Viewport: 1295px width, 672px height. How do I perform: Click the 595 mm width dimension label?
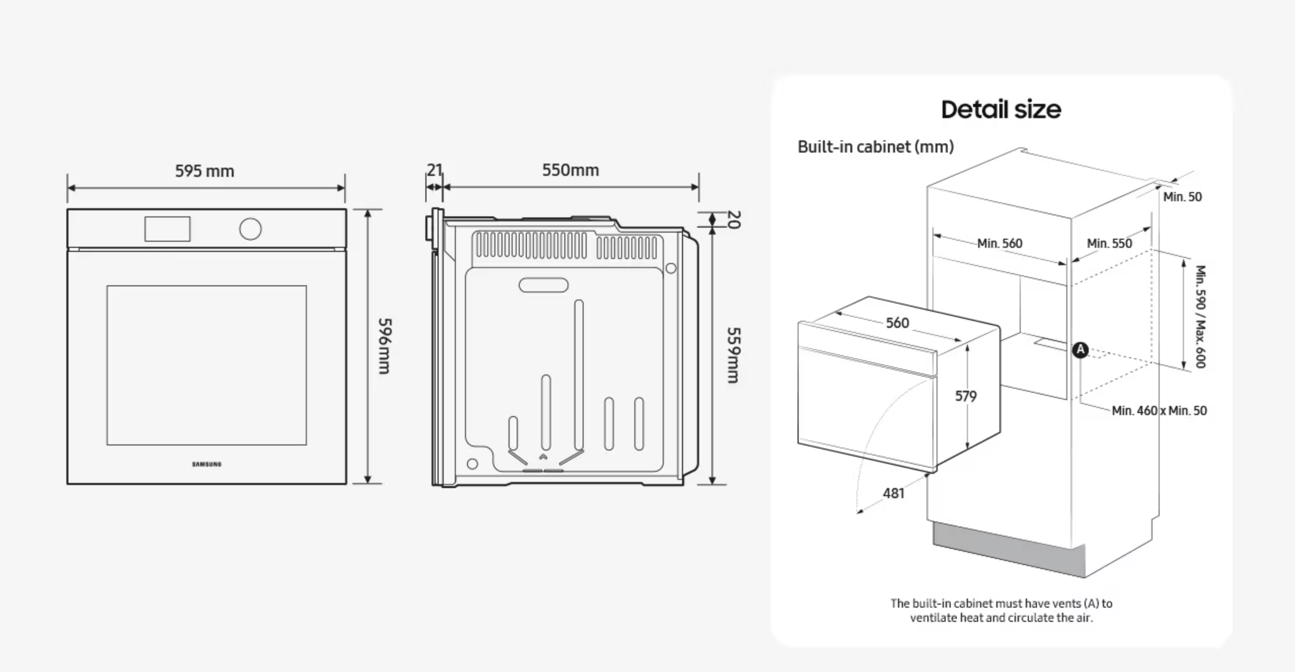pyautogui.click(x=204, y=171)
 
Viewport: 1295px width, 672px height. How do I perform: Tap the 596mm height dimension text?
pyautogui.click(x=385, y=346)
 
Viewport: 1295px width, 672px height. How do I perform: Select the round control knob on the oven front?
pyautogui.click(x=250, y=229)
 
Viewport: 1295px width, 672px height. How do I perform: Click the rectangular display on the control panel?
pyautogui.click(x=167, y=229)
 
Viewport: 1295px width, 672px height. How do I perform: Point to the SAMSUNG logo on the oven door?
pyautogui.click(x=206, y=464)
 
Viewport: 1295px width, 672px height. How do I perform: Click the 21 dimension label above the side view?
pyautogui.click(x=434, y=170)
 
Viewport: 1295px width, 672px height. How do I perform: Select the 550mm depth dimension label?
pyautogui.click(x=570, y=170)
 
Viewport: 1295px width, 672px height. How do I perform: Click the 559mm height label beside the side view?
pyautogui.click(x=734, y=355)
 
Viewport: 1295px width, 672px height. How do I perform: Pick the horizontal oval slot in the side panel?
pyautogui.click(x=544, y=285)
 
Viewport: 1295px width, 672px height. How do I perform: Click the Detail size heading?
pyautogui.click(x=1001, y=109)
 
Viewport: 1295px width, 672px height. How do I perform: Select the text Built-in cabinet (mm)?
pyautogui.click(x=876, y=147)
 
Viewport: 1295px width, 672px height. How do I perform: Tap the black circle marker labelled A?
pyautogui.click(x=1081, y=350)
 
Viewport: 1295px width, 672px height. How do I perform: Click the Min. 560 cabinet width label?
pyautogui.click(x=1000, y=244)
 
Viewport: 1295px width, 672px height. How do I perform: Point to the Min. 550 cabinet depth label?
pyautogui.click(x=1109, y=244)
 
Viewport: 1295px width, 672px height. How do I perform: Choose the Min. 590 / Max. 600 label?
pyautogui.click(x=1200, y=316)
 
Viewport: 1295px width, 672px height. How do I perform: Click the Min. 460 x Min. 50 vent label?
pyautogui.click(x=1159, y=411)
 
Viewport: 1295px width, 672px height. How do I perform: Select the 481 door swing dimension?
pyautogui.click(x=893, y=493)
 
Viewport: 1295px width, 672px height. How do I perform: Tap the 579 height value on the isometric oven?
pyautogui.click(x=965, y=396)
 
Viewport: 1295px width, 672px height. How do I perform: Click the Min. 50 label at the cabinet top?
pyautogui.click(x=1182, y=197)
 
